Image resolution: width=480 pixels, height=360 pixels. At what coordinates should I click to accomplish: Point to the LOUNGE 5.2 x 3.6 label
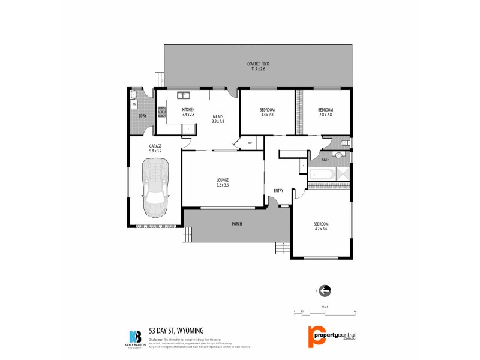point(223,182)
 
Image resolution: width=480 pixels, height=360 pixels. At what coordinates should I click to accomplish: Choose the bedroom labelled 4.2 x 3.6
point(320,226)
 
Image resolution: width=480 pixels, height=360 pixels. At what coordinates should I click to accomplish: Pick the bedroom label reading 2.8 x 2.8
point(325,112)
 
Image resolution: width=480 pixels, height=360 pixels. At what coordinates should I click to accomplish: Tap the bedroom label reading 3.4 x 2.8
point(266,112)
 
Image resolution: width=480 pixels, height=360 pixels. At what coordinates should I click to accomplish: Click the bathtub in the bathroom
point(322,175)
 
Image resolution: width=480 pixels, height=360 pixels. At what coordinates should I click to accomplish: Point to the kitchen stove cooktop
point(161,111)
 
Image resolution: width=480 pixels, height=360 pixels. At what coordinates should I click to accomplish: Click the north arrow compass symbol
point(325,291)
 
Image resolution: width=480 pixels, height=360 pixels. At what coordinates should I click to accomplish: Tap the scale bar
point(325,313)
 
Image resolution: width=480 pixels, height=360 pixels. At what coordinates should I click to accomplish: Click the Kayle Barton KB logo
point(134,337)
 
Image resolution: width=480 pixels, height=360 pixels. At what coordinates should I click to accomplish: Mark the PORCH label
point(236,224)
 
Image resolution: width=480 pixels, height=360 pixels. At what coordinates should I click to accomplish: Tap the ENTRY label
point(278,191)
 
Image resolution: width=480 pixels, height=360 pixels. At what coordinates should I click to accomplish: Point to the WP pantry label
point(249,143)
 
